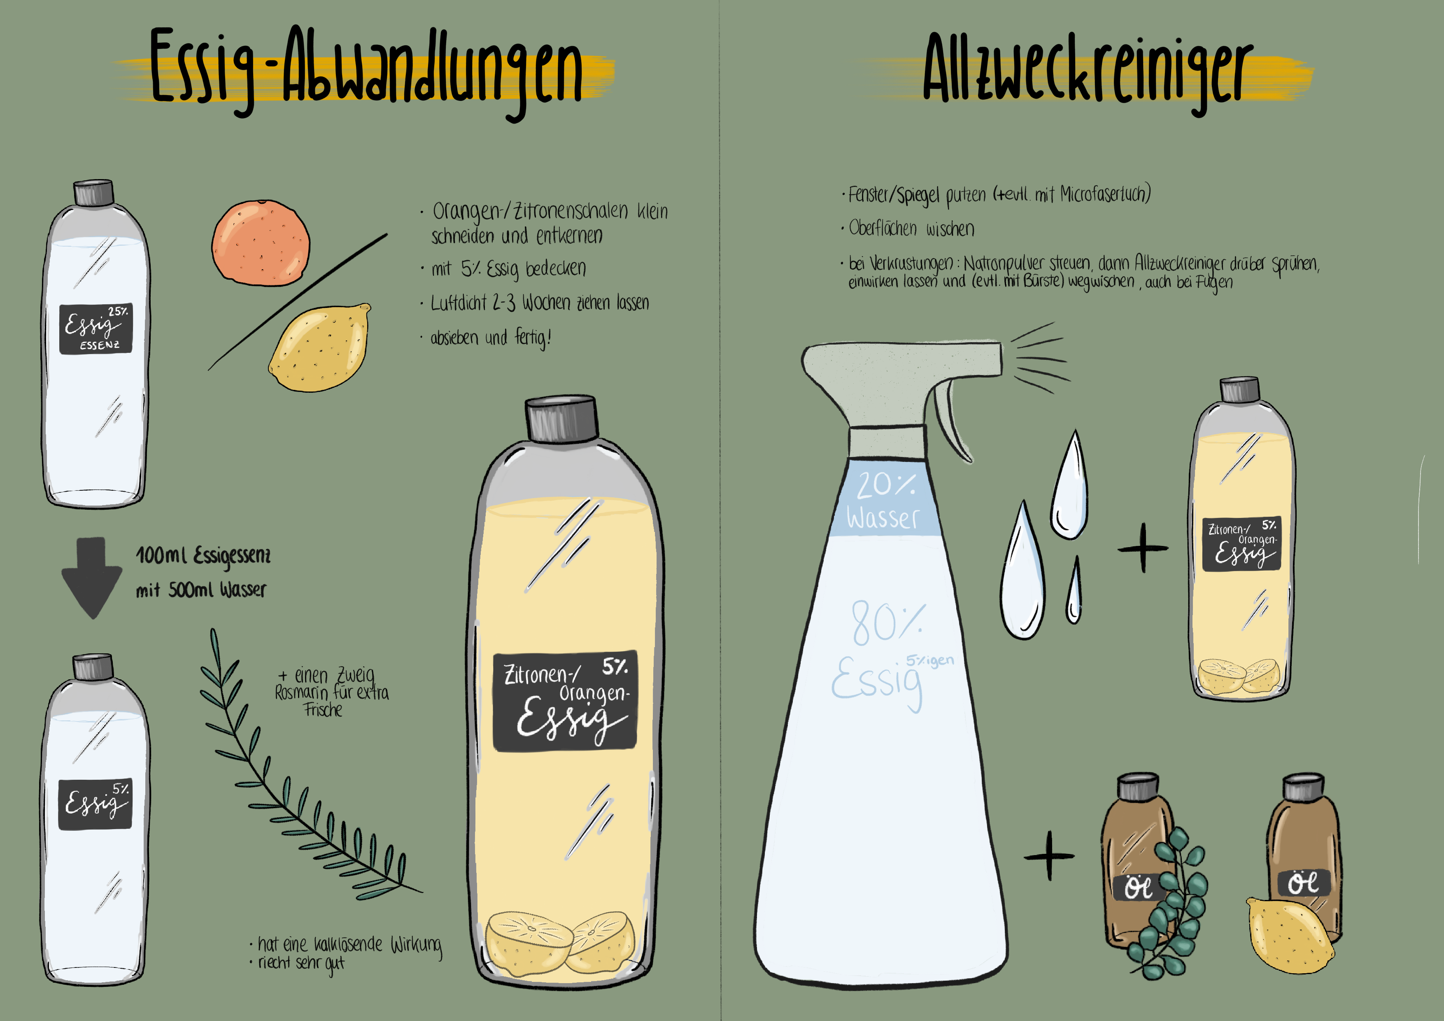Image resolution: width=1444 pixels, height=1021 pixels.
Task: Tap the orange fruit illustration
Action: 261,242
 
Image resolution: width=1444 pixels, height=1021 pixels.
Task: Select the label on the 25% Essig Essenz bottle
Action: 96,329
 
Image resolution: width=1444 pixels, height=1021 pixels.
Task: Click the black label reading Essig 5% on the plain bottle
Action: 95,804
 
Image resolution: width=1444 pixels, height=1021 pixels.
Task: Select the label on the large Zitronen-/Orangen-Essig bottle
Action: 565,701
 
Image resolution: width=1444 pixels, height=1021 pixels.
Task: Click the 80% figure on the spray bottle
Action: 888,623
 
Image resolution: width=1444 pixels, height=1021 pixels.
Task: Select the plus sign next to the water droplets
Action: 1143,548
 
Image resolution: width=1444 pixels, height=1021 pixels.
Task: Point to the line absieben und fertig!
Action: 491,338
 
